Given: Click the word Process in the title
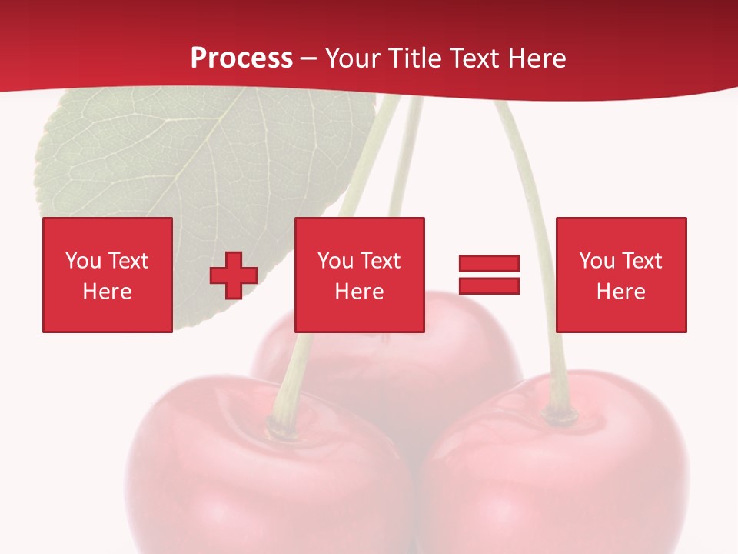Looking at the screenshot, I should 241,58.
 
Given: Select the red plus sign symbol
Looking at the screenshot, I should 234,275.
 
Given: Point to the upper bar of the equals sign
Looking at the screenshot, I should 489,264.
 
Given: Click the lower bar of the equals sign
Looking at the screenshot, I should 489,285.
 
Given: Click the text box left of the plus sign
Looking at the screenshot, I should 107,275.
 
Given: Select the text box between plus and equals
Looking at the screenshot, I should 359,275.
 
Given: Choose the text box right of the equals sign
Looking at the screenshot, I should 620,275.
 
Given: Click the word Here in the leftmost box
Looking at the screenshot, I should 107,292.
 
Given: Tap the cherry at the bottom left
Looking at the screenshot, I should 254,485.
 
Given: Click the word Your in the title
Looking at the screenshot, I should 353,58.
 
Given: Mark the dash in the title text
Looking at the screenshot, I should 309,58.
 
